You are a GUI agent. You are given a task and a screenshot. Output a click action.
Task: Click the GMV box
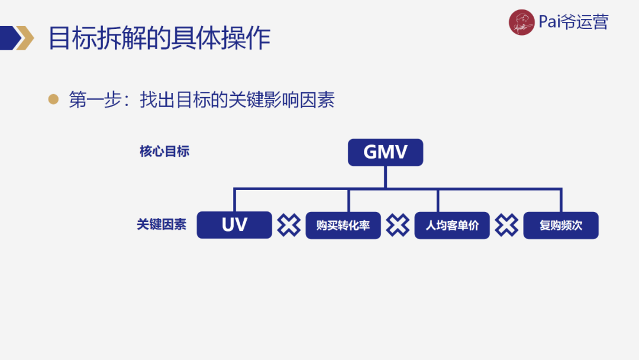pyautogui.click(x=385, y=152)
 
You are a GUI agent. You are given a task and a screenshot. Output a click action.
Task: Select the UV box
pyautogui.click(x=234, y=225)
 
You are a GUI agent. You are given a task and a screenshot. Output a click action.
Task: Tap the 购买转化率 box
pyautogui.click(x=343, y=226)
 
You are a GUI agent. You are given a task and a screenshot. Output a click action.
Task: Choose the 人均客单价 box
pyautogui.click(x=452, y=226)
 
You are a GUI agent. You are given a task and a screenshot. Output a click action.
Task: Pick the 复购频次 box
pyautogui.click(x=561, y=226)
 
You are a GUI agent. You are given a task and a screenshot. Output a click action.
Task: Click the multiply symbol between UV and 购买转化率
pyautogui.click(x=289, y=225)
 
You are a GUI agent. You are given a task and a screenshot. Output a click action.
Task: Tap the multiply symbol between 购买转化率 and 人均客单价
pyautogui.click(x=398, y=225)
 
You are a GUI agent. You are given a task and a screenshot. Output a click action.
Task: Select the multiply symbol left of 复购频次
pyautogui.click(x=506, y=225)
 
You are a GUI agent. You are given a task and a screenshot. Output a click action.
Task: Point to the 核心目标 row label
pyautogui.click(x=164, y=152)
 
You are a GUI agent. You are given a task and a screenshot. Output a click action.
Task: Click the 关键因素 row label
pyautogui.click(x=162, y=225)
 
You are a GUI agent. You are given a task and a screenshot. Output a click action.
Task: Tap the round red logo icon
pyautogui.click(x=521, y=22)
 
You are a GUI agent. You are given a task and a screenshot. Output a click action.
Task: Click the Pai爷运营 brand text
pyautogui.click(x=573, y=22)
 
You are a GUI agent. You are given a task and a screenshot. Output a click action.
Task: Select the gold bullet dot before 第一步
pyautogui.click(x=54, y=99)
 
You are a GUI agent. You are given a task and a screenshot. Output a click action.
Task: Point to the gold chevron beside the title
pyautogui.click(x=25, y=38)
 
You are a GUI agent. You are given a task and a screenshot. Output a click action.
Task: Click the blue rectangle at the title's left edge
pyautogui.click(x=7, y=38)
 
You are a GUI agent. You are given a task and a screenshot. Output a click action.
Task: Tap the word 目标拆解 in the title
pyautogui.click(x=92, y=38)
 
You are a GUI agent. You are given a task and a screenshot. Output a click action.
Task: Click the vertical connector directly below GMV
pyautogui.click(x=385, y=177)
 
